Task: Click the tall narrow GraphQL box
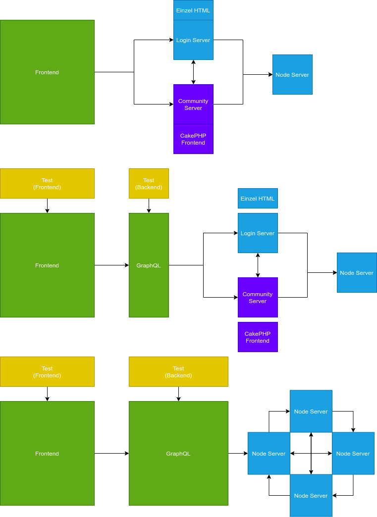pos(149,265)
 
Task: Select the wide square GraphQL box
pos(178,453)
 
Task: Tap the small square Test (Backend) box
pos(149,183)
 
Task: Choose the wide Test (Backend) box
pos(178,371)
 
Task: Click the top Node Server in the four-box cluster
pos(311,411)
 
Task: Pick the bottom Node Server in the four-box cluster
pos(311,495)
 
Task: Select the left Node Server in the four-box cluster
pos(269,453)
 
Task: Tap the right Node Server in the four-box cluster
pos(353,453)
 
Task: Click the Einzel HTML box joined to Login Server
pos(193,10)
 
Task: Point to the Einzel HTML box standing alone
pos(258,198)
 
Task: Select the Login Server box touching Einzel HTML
pos(193,40)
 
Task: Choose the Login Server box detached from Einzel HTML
pos(258,233)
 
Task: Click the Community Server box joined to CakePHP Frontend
pos(193,104)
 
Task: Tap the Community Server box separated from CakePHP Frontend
pos(258,297)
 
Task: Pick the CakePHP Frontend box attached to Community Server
pos(193,139)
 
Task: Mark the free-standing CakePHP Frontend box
pos(258,337)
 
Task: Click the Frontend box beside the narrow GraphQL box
pos(47,265)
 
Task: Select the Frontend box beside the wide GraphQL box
pos(47,453)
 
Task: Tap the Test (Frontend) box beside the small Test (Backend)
pos(47,183)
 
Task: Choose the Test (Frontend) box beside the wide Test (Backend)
pos(47,371)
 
